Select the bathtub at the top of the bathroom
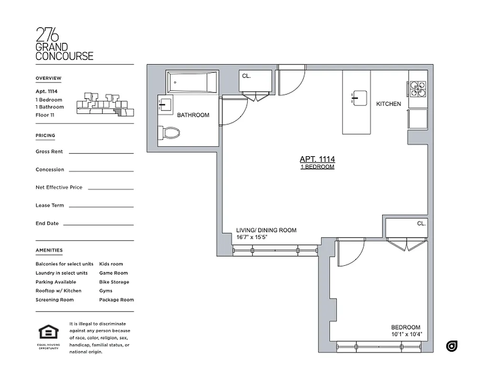pos(192,82)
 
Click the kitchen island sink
pos(359,97)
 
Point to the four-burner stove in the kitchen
pos(417,89)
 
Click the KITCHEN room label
pos(389,104)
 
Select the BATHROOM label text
pos(193,115)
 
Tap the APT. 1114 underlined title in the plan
pos(317,160)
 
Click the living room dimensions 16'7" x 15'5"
pos(256,237)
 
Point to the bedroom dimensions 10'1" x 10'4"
pos(406,334)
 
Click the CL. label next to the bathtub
pos(246,76)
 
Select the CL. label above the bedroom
pos(421,223)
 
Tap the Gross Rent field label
pos(49,151)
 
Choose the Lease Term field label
pos(50,205)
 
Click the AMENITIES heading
pos(49,250)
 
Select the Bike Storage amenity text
pos(114,282)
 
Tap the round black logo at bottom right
pos(452,346)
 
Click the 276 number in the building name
pos(47,35)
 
